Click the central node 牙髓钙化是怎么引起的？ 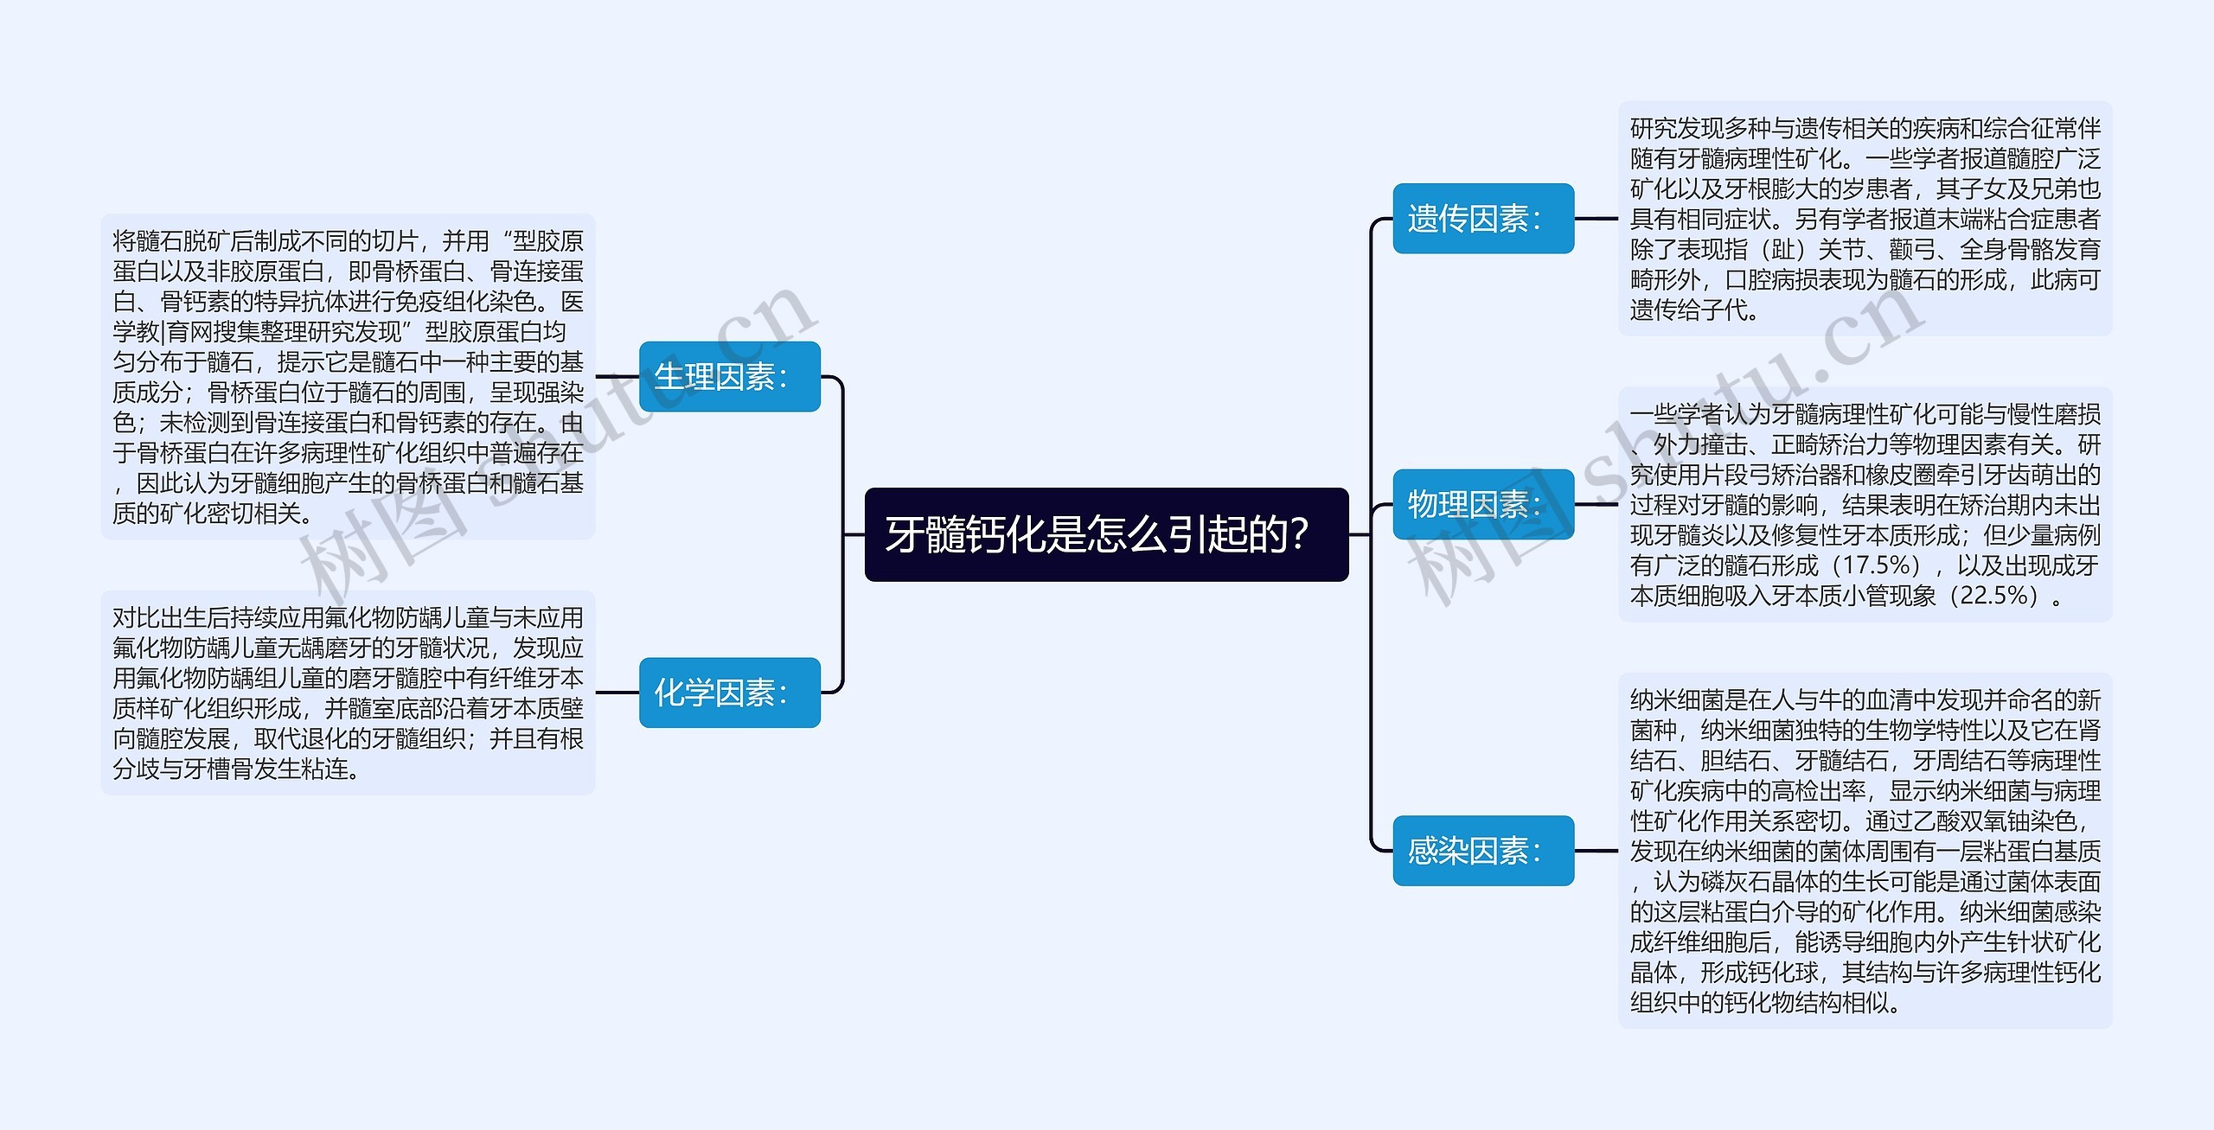[x=1106, y=534]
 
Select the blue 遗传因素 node [x=1482, y=219]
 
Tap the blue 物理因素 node [x=1482, y=504]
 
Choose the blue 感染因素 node [x=1482, y=851]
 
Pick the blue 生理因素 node [x=729, y=377]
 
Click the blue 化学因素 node [x=729, y=693]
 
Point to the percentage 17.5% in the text [x=1873, y=565]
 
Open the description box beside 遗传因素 [x=1865, y=219]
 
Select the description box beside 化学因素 [x=348, y=693]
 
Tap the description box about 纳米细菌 [x=1865, y=851]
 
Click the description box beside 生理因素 [x=348, y=377]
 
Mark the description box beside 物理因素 [x=1865, y=504]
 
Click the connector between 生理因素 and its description [x=617, y=377]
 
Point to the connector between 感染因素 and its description [x=1596, y=851]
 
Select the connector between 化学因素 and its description [x=617, y=693]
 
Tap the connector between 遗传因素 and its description [x=1596, y=219]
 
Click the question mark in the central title [x=1297, y=534]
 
